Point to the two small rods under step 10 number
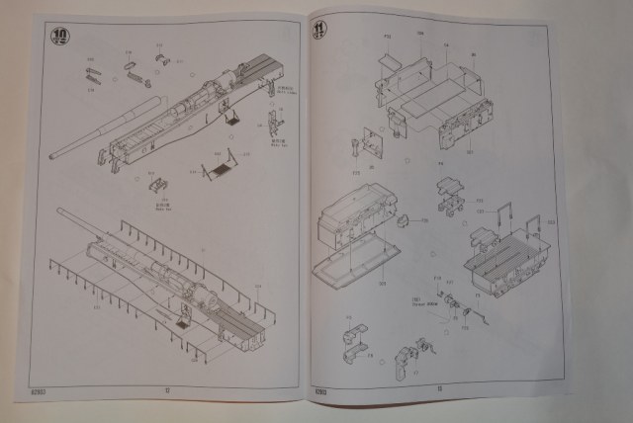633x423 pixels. click(93, 74)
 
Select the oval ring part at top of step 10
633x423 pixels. click(130, 66)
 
